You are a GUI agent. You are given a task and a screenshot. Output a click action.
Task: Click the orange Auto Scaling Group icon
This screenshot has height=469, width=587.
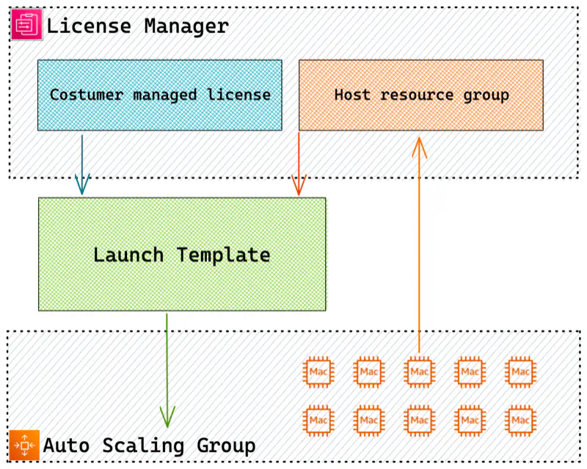click(24, 446)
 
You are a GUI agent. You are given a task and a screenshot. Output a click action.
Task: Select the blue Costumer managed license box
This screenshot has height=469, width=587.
click(159, 95)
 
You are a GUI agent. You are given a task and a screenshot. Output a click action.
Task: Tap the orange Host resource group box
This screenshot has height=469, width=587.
click(420, 95)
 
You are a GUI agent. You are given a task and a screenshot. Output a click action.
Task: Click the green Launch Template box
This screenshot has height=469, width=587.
click(182, 255)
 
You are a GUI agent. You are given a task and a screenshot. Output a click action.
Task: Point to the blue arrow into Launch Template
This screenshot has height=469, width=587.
click(82, 165)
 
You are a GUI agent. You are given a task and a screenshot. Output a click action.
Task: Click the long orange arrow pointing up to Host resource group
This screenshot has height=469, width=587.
click(419, 242)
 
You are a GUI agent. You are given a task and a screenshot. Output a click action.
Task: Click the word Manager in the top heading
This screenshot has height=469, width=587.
click(186, 26)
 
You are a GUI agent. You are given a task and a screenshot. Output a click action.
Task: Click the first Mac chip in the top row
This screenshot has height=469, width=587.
click(318, 372)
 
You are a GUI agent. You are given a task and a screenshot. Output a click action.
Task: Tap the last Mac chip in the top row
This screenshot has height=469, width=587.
click(521, 372)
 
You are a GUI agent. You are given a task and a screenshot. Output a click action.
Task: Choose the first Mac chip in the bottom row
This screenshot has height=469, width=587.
click(318, 421)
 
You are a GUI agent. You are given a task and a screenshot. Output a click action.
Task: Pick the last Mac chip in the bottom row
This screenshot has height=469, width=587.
click(521, 421)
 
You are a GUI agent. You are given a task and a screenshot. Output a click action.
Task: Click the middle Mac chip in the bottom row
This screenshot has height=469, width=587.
click(420, 421)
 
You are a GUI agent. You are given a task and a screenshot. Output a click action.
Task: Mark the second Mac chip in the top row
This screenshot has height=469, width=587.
click(369, 372)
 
